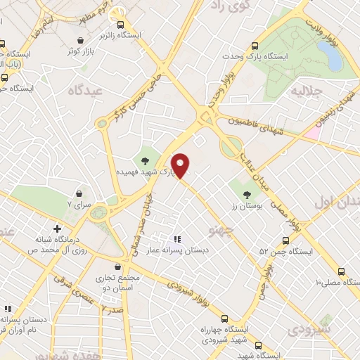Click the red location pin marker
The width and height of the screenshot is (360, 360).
[181, 165]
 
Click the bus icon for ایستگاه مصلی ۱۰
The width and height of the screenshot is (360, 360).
[342, 271]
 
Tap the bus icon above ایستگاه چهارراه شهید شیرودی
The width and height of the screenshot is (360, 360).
[224, 318]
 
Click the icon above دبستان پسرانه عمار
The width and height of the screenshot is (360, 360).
[177, 239]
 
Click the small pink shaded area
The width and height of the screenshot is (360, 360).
[312, 131]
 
